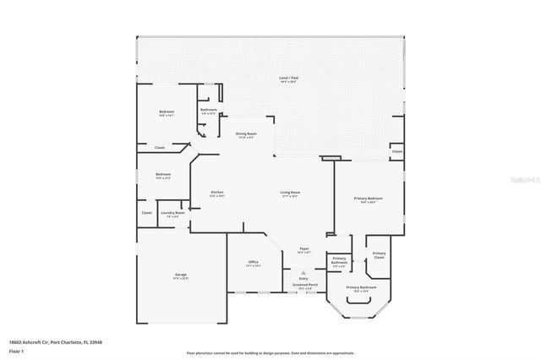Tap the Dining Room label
pyautogui.click(x=246, y=134)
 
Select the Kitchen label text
pyautogui.click(x=217, y=193)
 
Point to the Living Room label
pyautogui.click(x=291, y=193)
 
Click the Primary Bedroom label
pyautogui.click(x=369, y=199)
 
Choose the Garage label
pyautogui.click(x=181, y=275)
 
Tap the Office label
pyautogui.click(x=253, y=263)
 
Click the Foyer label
pyautogui.click(x=304, y=249)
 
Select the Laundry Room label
pyautogui.click(x=172, y=213)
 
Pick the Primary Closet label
pyautogui.click(x=380, y=254)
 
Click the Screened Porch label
pyautogui.click(x=305, y=286)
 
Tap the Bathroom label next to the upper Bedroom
pyautogui.click(x=209, y=110)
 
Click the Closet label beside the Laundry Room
pyautogui.click(x=146, y=213)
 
